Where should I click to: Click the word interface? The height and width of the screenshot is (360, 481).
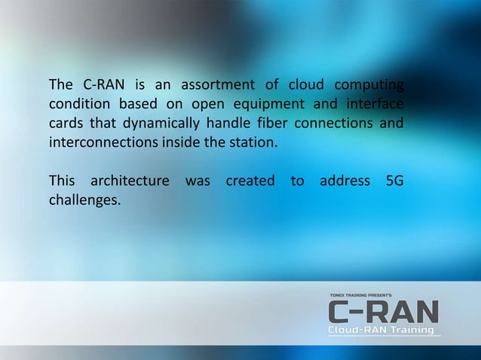[374, 102]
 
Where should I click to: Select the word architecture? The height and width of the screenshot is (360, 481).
[129, 182]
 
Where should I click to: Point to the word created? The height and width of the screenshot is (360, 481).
[249, 182]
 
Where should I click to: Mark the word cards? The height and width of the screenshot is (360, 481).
[66, 123]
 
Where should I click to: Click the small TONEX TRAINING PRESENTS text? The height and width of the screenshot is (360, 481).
[360, 295]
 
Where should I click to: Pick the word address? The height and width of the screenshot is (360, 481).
[345, 182]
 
